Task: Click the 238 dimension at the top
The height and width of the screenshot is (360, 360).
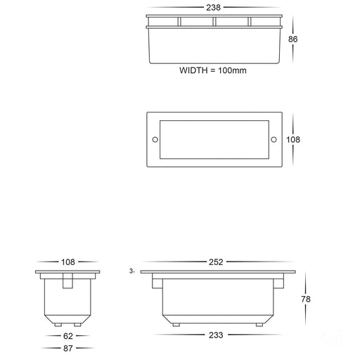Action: [213, 8]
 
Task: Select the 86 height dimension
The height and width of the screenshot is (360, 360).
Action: [292, 39]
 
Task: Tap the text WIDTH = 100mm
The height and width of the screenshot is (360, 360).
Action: [213, 70]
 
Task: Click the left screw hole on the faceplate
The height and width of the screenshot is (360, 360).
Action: [155, 140]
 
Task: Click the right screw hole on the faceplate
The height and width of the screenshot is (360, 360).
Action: [274, 140]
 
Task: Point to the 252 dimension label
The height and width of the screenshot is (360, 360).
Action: [216, 262]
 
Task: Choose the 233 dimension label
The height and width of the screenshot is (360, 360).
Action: [216, 335]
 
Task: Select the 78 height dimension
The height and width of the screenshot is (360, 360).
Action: [306, 299]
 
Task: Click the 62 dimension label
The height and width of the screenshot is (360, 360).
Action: [68, 336]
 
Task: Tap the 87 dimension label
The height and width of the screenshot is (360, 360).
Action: [68, 348]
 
